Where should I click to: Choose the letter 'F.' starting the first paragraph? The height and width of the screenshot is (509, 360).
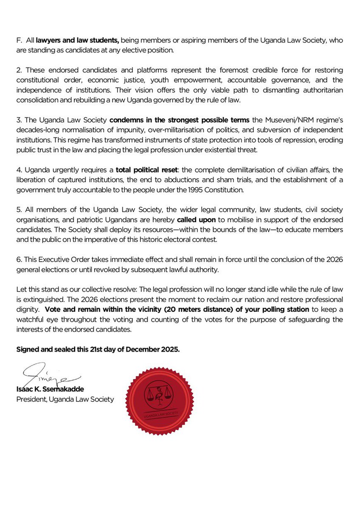[19, 40]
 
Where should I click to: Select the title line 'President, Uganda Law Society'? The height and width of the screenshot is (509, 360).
[65, 399]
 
